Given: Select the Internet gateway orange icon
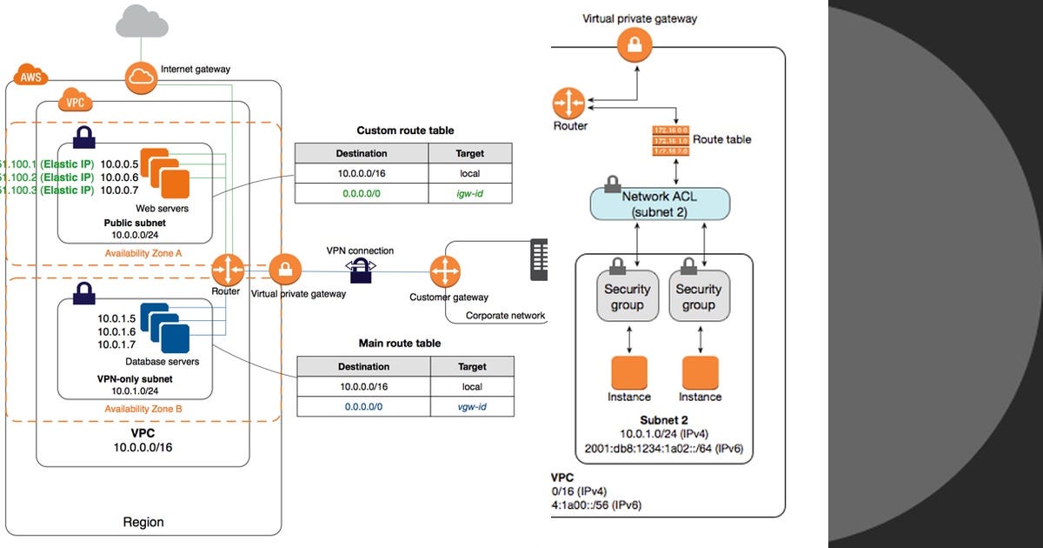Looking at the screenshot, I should (x=140, y=78).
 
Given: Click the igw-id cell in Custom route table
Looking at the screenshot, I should (x=470, y=193).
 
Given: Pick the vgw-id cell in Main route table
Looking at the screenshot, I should (x=472, y=407).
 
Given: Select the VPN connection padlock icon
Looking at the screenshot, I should (x=361, y=272).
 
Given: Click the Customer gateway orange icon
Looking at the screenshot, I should (x=445, y=272).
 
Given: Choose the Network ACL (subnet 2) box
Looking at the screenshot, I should (x=660, y=203).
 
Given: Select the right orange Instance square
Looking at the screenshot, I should (x=700, y=371).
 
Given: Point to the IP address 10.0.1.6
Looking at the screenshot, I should (x=116, y=331).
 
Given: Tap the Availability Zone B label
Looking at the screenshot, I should (x=143, y=408).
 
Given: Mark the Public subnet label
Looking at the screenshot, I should (x=130, y=223).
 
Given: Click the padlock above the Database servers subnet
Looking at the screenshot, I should (x=83, y=292).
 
